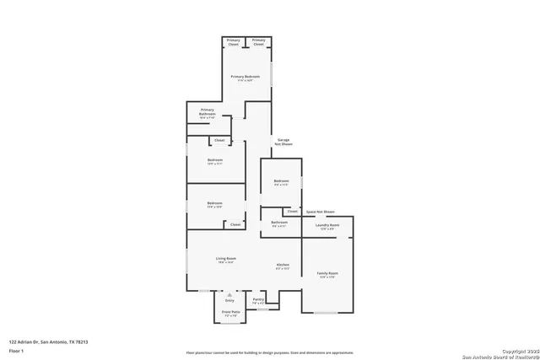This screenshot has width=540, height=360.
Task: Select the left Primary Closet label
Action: [x=233, y=42]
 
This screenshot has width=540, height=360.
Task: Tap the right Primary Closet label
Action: [x=259, y=42]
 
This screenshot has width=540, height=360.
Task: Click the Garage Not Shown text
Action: [x=283, y=142]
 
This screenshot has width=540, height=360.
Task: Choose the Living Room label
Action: [x=224, y=261]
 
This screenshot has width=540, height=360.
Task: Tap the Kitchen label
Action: [x=283, y=267]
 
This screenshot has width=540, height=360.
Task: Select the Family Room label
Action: [x=327, y=276]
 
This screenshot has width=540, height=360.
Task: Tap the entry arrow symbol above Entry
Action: [x=229, y=293]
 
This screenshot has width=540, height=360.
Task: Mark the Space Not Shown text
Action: [x=320, y=211]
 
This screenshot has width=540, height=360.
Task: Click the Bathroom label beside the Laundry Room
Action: [x=279, y=224]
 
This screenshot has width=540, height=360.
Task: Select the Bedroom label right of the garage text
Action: [x=281, y=182]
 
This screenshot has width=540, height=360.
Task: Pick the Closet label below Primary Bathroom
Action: [x=219, y=140]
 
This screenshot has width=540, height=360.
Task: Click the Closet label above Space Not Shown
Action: [x=292, y=211]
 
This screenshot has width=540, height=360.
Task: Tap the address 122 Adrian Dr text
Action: [x=48, y=341]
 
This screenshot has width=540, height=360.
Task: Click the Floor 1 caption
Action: [x=15, y=349]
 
